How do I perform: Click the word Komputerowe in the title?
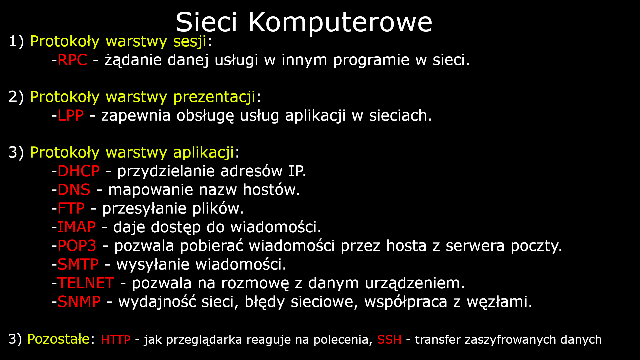340,23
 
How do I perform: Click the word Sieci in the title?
206,23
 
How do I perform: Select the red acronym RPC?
72,60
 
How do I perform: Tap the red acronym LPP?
70,116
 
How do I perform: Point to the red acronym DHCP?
79,171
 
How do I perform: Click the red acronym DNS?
74,190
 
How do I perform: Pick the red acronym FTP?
71,209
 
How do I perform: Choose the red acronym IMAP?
77,227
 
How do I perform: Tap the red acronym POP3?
77,246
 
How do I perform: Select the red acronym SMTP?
78,265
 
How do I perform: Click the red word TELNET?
86,283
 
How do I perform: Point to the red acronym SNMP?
79,302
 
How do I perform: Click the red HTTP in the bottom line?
116,340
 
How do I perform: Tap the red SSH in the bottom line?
389,340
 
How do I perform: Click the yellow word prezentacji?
214,97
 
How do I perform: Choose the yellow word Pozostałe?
58,339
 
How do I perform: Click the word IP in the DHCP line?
296,171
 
